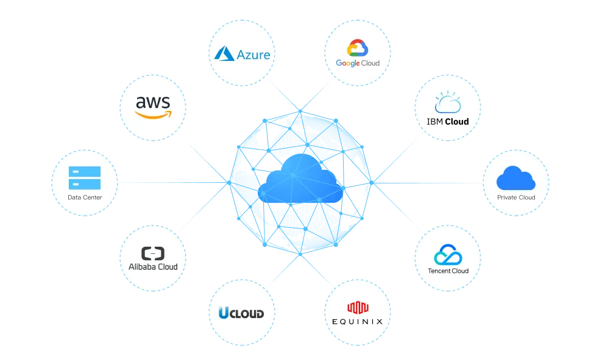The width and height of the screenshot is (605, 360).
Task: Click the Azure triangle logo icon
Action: pyautogui.click(x=224, y=54)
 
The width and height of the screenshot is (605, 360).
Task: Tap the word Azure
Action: pyautogui.click(x=253, y=55)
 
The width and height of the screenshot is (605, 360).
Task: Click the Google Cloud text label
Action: pyautogui.click(x=358, y=63)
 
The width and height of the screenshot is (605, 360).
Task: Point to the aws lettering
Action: pyautogui.click(x=153, y=102)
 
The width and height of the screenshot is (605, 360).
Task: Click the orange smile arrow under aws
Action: pyautogui.click(x=154, y=114)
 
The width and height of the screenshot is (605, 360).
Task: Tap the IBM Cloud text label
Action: pyautogui.click(x=448, y=122)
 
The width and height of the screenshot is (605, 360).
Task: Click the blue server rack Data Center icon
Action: pyautogui.click(x=85, y=178)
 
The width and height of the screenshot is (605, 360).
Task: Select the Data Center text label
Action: pyautogui.click(x=85, y=197)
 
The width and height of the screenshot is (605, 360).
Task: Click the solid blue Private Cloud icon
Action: pyautogui.click(x=515, y=179)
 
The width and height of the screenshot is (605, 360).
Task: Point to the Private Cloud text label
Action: pyautogui.click(x=516, y=197)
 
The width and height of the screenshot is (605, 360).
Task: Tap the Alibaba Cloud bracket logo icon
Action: pyautogui.click(x=153, y=253)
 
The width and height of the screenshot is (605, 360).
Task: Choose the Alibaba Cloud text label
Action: pyautogui.click(x=153, y=267)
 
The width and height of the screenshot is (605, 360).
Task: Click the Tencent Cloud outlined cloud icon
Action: pyautogui.click(x=448, y=255)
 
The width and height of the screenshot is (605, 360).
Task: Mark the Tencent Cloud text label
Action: pyautogui.click(x=448, y=270)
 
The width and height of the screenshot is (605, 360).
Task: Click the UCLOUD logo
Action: pyautogui.click(x=241, y=313)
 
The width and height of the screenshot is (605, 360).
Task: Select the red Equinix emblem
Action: pyautogui.click(x=358, y=308)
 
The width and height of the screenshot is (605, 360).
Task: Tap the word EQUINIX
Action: pyautogui.click(x=358, y=321)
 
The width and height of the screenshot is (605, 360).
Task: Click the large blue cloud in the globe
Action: pyautogui.click(x=298, y=179)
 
